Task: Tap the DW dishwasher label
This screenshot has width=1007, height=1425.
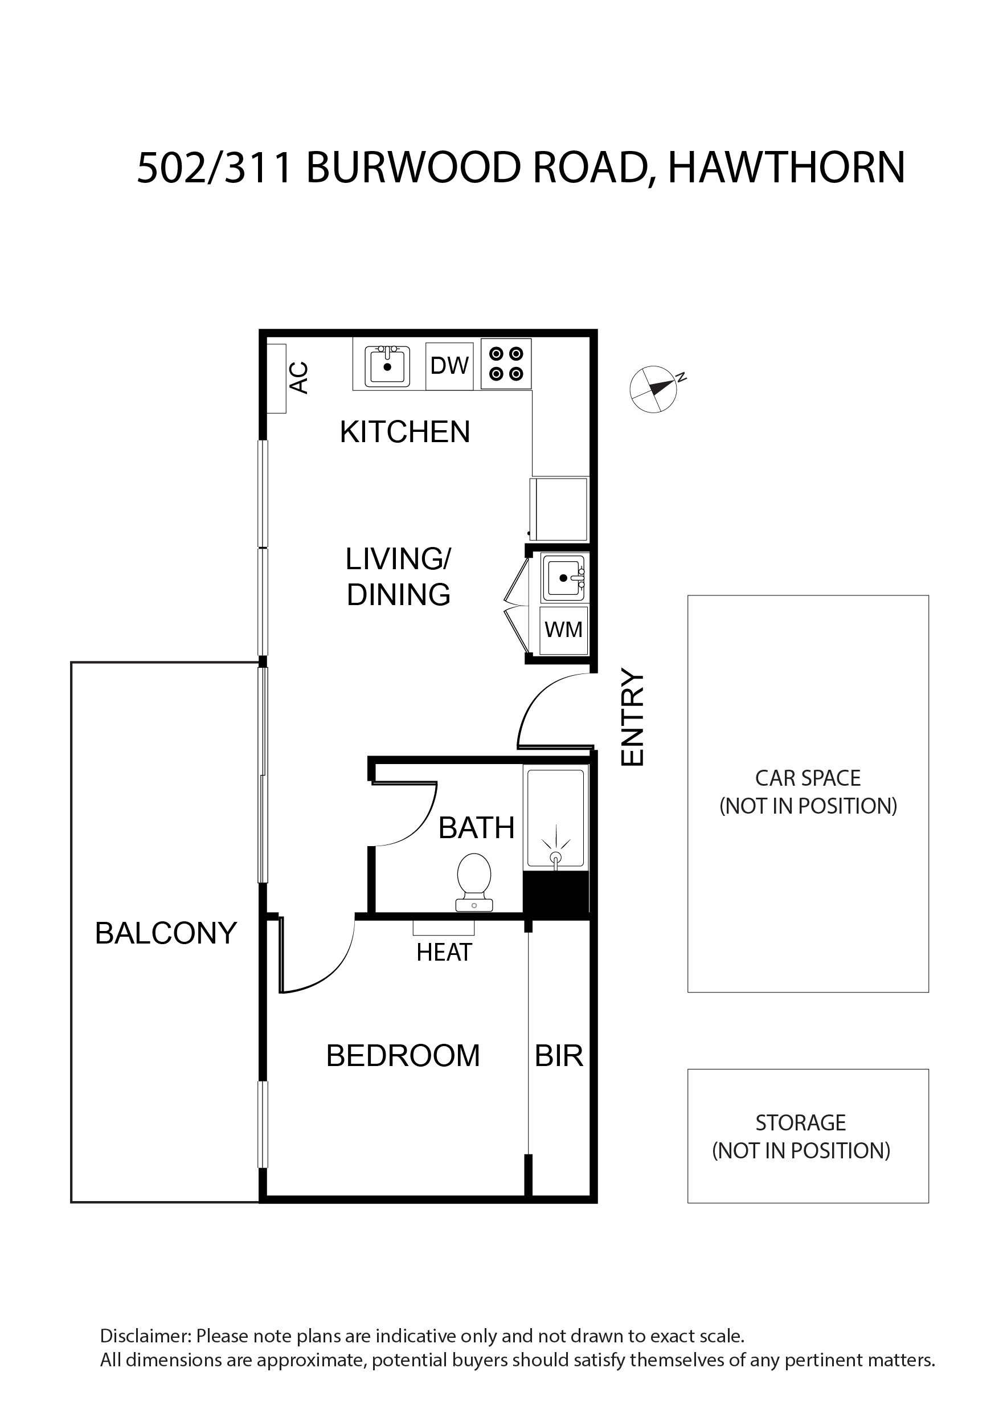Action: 449,366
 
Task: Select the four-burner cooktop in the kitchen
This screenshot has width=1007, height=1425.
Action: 506,364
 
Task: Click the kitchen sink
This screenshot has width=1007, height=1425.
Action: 388,366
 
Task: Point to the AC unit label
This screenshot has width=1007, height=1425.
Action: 300,377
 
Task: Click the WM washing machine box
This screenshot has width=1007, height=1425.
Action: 563,630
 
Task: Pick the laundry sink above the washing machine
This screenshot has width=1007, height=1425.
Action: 564,578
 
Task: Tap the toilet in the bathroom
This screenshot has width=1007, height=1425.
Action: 474,882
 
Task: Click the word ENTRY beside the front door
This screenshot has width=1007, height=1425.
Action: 633,717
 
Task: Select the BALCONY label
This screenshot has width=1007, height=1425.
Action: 166,933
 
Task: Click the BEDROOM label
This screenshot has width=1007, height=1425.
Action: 403,1056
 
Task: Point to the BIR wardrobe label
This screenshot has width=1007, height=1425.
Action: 559,1056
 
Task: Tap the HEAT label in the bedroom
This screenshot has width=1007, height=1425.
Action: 444,952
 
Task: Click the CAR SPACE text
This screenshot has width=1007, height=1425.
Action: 808,778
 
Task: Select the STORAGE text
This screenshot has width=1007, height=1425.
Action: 800,1123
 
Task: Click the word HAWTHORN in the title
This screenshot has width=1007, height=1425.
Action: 786,168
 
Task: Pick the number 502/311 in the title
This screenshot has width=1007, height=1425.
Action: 215,168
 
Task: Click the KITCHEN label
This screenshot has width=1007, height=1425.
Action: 405,432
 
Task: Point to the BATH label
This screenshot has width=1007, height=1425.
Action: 477,828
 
